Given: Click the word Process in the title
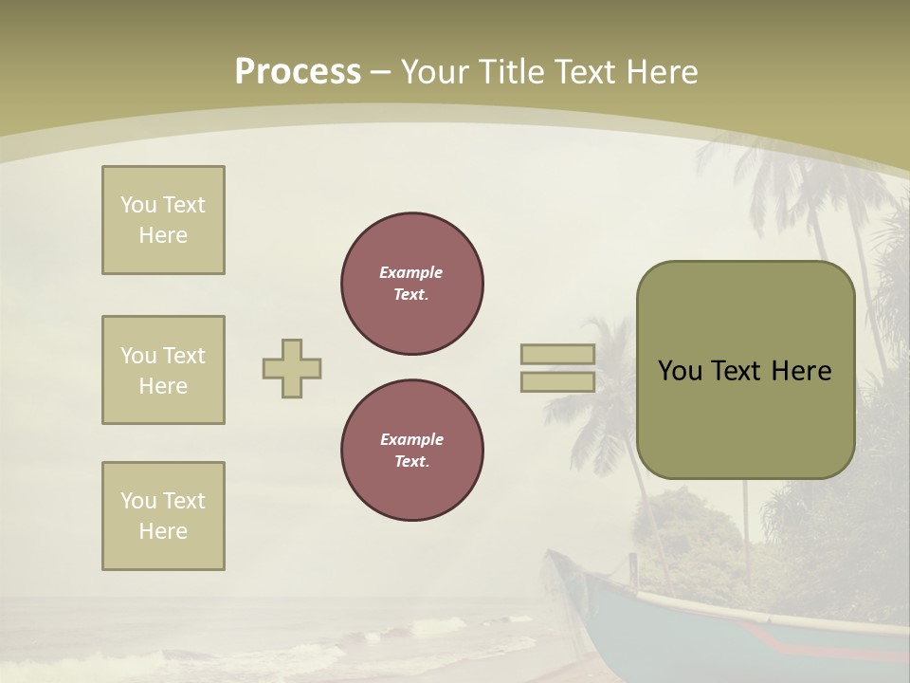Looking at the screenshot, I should pos(298,72).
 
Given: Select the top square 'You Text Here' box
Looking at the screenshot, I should pos(163,220).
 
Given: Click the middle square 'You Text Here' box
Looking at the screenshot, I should pos(163,370).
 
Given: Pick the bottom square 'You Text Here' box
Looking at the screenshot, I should pos(163,516).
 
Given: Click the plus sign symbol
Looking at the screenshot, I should pos(292,368).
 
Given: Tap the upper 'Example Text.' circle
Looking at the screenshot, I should pos(412,283).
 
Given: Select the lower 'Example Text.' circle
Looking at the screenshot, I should pos(412,450).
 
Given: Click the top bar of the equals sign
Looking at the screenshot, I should pos(557,355).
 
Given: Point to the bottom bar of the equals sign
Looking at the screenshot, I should pos(557,382).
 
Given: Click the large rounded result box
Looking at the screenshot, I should pos(745,370).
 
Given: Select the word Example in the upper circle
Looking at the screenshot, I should pos(411,272).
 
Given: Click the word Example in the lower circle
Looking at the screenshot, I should pos(411,439).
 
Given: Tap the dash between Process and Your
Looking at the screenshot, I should pos(380,72).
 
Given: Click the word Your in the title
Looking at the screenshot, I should pos(437,72).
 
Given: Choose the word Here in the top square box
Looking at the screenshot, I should pos(163,235).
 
